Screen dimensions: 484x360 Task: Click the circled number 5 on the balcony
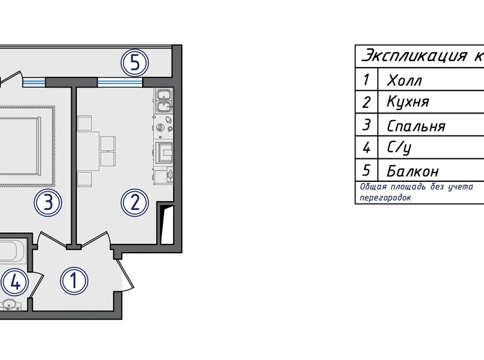pyautogui.click(x=135, y=63)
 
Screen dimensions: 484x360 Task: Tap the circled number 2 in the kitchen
pyautogui.click(x=135, y=202)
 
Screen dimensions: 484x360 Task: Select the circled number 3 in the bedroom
pyautogui.click(x=48, y=202)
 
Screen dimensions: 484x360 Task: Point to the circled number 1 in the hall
pyautogui.click(x=74, y=281)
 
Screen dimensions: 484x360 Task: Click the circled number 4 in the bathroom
pyautogui.click(x=14, y=282)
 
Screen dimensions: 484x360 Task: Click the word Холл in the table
pyautogui.click(x=404, y=80)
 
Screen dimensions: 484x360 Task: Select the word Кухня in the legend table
pyautogui.click(x=408, y=102)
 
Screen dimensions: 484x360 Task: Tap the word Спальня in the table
pyautogui.click(x=416, y=126)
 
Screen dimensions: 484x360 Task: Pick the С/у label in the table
pyautogui.click(x=399, y=148)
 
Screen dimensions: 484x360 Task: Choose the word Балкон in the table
pyautogui.click(x=413, y=171)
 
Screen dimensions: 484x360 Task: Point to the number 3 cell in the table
pyautogui.click(x=366, y=125)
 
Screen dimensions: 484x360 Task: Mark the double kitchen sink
pyautogui.click(x=164, y=101)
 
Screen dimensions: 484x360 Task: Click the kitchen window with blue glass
pyautogui.click(x=120, y=82)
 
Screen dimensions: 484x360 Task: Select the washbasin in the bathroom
pyautogui.click(x=10, y=305)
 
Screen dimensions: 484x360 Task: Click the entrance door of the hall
pyautogui.click(x=127, y=274)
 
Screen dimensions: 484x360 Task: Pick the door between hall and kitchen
pyautogui.click(x=94, y=240)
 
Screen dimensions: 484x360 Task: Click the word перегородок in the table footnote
pyautogui.click(x=385, y=198)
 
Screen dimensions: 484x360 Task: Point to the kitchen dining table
pyautogui.click(x=88, y=151)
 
